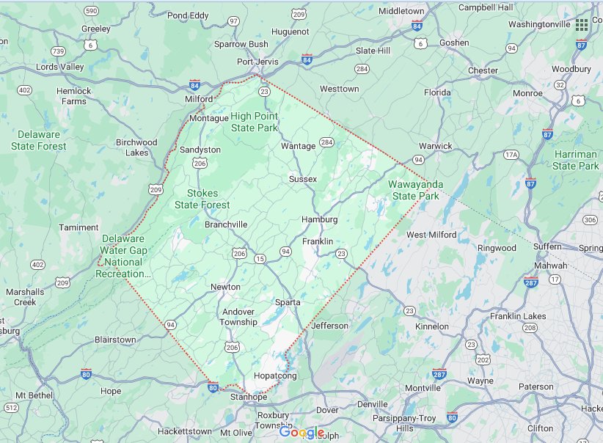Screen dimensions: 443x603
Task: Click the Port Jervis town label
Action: [257, 62]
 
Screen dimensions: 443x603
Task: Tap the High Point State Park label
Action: [255, 122]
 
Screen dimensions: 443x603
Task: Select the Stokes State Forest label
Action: [202, 199]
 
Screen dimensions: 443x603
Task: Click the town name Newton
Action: [225, 287]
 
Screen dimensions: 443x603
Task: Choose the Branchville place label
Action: [226, 224]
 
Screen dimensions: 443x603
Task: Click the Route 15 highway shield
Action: [260, 259]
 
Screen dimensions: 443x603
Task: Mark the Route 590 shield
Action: [91, 11]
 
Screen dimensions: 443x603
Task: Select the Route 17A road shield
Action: [511, 155]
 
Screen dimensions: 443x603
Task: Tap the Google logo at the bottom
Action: [301, 433]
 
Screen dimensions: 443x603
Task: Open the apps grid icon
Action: [582, 24]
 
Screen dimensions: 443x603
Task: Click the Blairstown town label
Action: [115, 340]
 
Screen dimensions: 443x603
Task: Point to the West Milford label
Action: [431, 235]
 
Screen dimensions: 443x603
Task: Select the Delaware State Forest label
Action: [38, 140]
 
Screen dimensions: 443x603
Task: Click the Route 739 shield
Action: [59, 51]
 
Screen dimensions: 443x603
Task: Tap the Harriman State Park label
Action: [576, 160]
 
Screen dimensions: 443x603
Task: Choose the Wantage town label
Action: [299, 146]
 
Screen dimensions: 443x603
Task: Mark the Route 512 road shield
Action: [11, 408]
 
